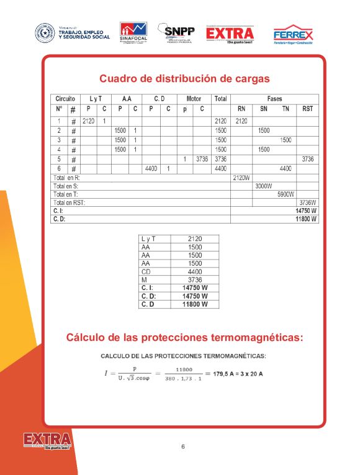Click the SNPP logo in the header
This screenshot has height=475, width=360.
pos(176,32)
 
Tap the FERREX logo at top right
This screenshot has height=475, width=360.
pos(293,34)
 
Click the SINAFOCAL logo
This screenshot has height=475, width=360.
pos(133,32)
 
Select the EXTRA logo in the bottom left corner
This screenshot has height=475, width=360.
pos(47,441)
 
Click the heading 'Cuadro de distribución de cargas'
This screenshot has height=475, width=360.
pos(184,79)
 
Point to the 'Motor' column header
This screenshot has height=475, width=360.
pos(194,99)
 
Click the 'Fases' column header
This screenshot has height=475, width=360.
pos(274,99)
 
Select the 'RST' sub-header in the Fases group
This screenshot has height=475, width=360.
pos(307,109)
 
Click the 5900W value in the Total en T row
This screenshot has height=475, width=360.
pos(285,194)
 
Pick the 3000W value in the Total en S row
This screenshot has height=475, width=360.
pos(263,186)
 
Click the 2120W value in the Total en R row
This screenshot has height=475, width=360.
pos(241,178)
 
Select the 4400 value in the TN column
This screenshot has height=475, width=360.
pos(286,168)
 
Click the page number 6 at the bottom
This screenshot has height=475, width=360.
pos(183,446)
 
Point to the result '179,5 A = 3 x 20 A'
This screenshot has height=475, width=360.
pos(238,374)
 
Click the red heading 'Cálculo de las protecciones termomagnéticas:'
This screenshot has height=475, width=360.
pos(184,338)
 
